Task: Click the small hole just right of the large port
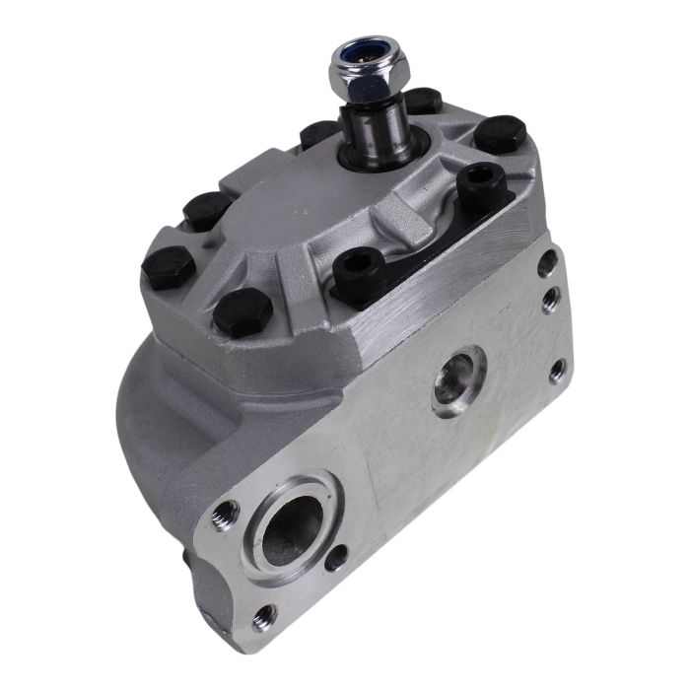[338, 558]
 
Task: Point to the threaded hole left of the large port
[226, 513]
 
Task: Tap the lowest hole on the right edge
[559, 371]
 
